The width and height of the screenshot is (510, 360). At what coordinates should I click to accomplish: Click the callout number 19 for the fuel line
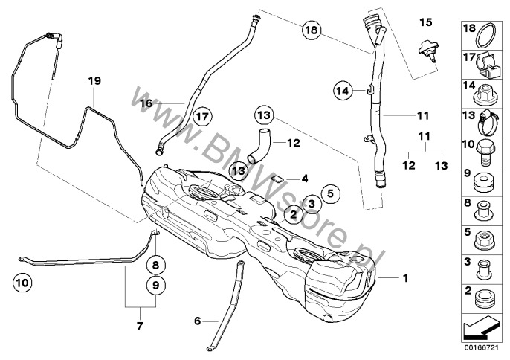(x=93, y=80)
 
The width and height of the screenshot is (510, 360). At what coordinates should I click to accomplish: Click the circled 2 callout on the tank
(x=292, y=214)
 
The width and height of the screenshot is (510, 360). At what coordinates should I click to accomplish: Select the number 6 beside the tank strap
(x=197, y=321)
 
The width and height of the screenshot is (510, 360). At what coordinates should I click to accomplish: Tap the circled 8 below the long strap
(x=155, y=264)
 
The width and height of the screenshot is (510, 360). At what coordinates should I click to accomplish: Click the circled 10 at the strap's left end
(x=22, y=282)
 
